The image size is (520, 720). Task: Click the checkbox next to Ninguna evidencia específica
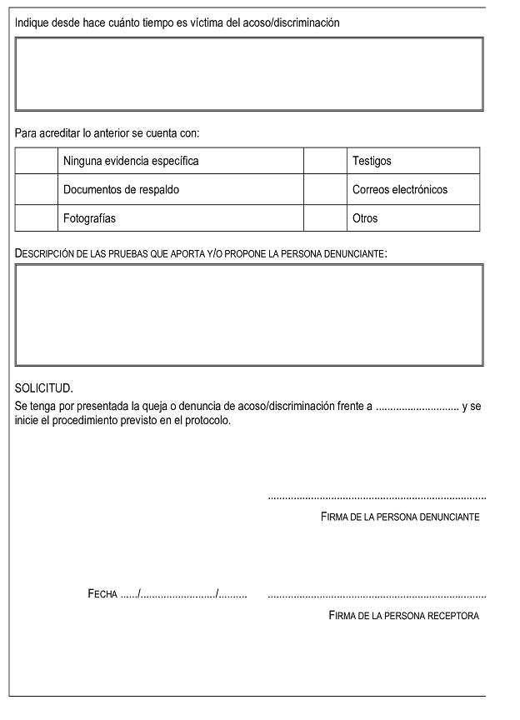click(x=36, y=161)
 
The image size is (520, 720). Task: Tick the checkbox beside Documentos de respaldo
click(x=36, y=189)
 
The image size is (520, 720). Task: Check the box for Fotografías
click(x=36, y=218)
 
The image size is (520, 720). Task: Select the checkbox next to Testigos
click(x=325, y=161)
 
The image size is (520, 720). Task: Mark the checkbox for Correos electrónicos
click(x=325, y=189)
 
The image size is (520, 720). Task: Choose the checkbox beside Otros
click(x=325, y=218)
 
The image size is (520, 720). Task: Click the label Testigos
click(x=372, y=161)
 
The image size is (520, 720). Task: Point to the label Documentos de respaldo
click(x=121, y=189)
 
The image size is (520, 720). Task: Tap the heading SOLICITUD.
click(x=44, y=388)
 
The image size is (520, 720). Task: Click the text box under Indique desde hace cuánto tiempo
click(x=249, y=74)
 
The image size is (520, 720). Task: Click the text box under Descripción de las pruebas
click(x=249, y=315)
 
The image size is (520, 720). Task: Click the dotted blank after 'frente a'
click(x=417, y=407)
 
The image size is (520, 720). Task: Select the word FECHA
click(x=102, y=594)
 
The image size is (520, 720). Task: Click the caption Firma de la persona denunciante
click(x=400, y=517)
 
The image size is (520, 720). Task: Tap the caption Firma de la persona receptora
click(x=404, y=616)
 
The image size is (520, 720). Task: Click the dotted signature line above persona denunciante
click(x=377, y=498)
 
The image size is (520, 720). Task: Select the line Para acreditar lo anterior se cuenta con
click(x=107, y=132)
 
